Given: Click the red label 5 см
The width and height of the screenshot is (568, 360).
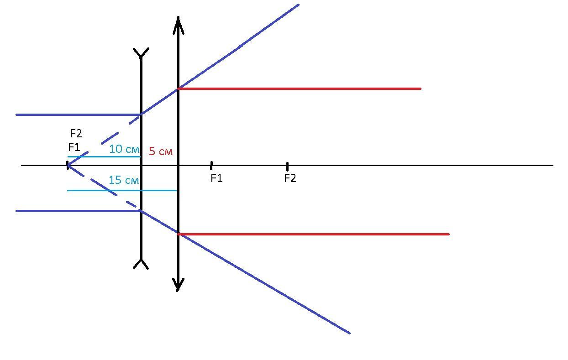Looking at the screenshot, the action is point(161,151).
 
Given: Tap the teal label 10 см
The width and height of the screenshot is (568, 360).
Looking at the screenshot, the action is point(124,149).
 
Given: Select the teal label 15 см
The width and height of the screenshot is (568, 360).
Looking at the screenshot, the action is point(124,180).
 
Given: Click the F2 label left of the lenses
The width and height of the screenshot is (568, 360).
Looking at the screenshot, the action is point(76,133).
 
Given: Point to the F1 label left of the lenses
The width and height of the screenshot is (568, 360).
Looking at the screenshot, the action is point(74,147).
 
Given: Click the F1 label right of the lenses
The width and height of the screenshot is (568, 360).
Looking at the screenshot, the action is point(216,178).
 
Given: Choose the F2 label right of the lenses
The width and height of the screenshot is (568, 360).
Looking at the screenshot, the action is point(290,178).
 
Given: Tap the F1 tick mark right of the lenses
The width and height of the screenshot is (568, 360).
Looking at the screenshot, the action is point(211,166).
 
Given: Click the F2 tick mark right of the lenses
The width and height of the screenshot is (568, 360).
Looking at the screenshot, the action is point(287,167).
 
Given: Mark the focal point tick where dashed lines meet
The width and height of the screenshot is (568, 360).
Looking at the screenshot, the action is point(68,165).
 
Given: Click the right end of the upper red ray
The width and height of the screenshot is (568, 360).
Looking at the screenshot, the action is point(420,89).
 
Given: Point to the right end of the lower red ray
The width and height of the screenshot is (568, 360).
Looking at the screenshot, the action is point(448,235).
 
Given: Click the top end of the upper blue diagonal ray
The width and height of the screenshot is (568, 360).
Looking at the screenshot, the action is point(299,5).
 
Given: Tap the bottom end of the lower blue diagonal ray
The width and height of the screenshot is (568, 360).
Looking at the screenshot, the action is point(349,333).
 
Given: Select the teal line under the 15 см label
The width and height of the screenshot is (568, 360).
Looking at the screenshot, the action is point(122,190).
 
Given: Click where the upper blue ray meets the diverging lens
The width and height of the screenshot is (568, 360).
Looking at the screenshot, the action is point(141,114).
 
